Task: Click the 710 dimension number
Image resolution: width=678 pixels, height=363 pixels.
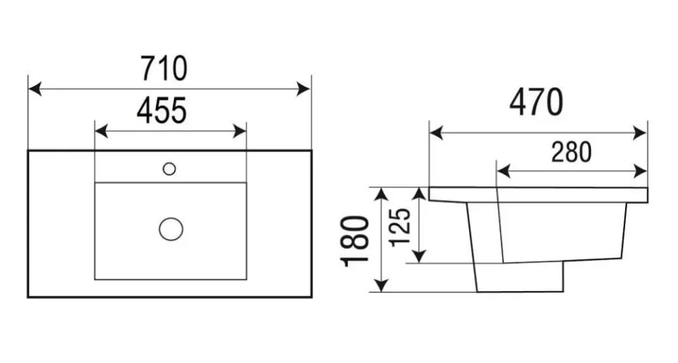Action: tap(164, 69)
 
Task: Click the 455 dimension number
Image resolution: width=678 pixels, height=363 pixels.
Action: tap(161, 110)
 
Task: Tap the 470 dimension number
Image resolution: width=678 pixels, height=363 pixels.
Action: tap(536, 102)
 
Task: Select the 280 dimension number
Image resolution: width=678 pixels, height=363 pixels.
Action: tap(571, 152)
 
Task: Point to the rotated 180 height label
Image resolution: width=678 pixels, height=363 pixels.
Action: tap(355, 241)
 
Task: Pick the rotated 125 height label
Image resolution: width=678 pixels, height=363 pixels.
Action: tap(399, 227)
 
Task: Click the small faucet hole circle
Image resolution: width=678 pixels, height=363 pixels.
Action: tap(169, 169)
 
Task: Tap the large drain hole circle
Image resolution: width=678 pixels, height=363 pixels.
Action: tap(171, 229)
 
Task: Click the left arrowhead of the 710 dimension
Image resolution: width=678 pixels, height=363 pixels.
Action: tap(35, 89)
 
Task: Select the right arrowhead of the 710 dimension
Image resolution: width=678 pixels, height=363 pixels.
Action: tap(304, 89)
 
